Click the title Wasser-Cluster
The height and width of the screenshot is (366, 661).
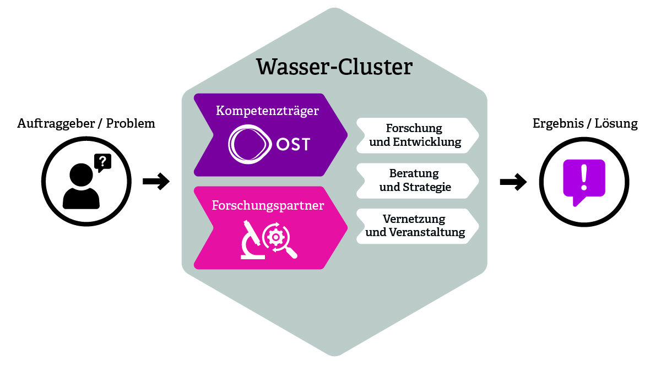click(x=334, y=67)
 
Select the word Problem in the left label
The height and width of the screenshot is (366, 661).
click(x=131, y=123)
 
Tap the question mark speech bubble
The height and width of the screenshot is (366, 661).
click(x=103, y=162)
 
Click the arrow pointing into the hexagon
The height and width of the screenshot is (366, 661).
click(x=156, y=181)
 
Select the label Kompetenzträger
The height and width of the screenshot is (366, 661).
click(x=267, y=111)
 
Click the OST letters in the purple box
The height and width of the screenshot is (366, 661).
click(x=294, y=145)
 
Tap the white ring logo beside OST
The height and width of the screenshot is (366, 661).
click(x=250, y=145)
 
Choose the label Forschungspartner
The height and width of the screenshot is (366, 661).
click(x=268, y=206)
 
